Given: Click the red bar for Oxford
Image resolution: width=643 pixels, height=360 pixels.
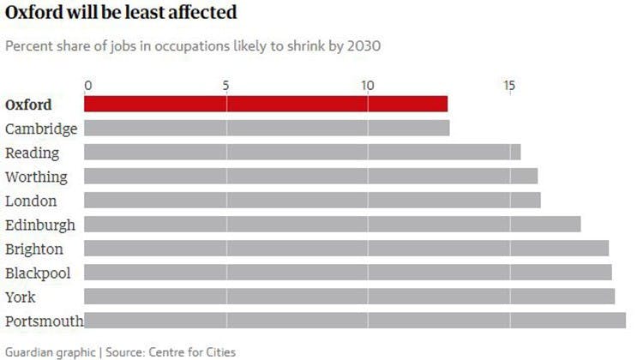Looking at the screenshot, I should click(x=266, y=104).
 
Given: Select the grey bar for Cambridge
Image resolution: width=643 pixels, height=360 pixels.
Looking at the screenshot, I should click(x=267, y=129).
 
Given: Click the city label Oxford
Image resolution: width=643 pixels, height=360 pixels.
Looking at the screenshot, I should click(x=28, y=105).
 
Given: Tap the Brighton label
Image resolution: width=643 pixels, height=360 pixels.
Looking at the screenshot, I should click(x=33, y=249).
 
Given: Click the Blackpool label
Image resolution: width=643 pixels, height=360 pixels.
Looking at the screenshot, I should click(x=37, y=273).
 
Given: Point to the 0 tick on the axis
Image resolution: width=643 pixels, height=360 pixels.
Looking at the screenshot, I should click(x=87, y=85).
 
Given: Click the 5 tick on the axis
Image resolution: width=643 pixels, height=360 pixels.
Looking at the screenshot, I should click(x=225, y=85).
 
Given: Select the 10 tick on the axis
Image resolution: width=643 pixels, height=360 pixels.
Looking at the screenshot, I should click(x=367, y=85).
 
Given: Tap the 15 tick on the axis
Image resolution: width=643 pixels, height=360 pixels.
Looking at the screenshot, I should click(x=509, y=85).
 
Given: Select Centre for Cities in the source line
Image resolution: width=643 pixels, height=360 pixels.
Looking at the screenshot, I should click(x=192, y=351).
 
